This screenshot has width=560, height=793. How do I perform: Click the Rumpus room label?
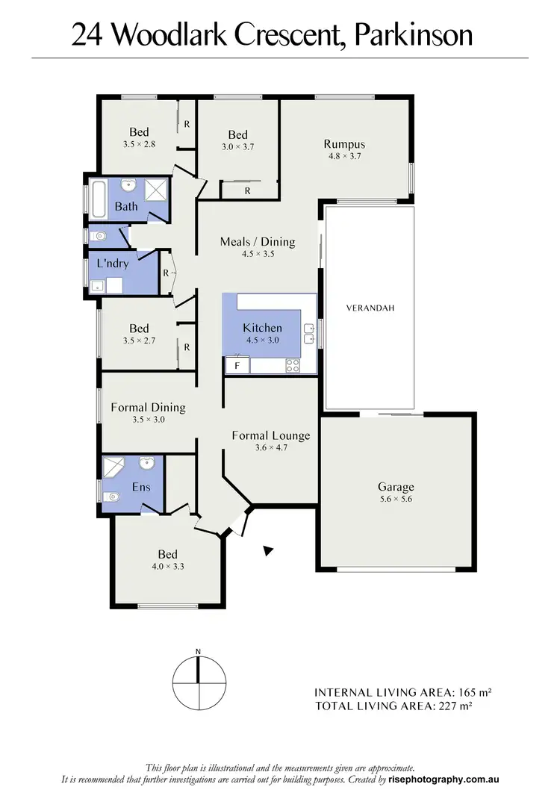coord(344,144)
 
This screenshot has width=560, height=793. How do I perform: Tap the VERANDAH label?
coord(369,308)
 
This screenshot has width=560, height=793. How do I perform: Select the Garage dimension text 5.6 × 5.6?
coord(396,500)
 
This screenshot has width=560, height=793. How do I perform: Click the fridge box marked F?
coord(237,366)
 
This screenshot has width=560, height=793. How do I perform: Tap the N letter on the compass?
coord(199,652)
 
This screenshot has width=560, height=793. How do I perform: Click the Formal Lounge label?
coord(270,435)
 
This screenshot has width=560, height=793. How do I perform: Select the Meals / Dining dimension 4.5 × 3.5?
coord(258,254)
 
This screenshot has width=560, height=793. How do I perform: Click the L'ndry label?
coord(108,264)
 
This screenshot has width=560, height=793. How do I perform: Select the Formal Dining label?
coord(148,407)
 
